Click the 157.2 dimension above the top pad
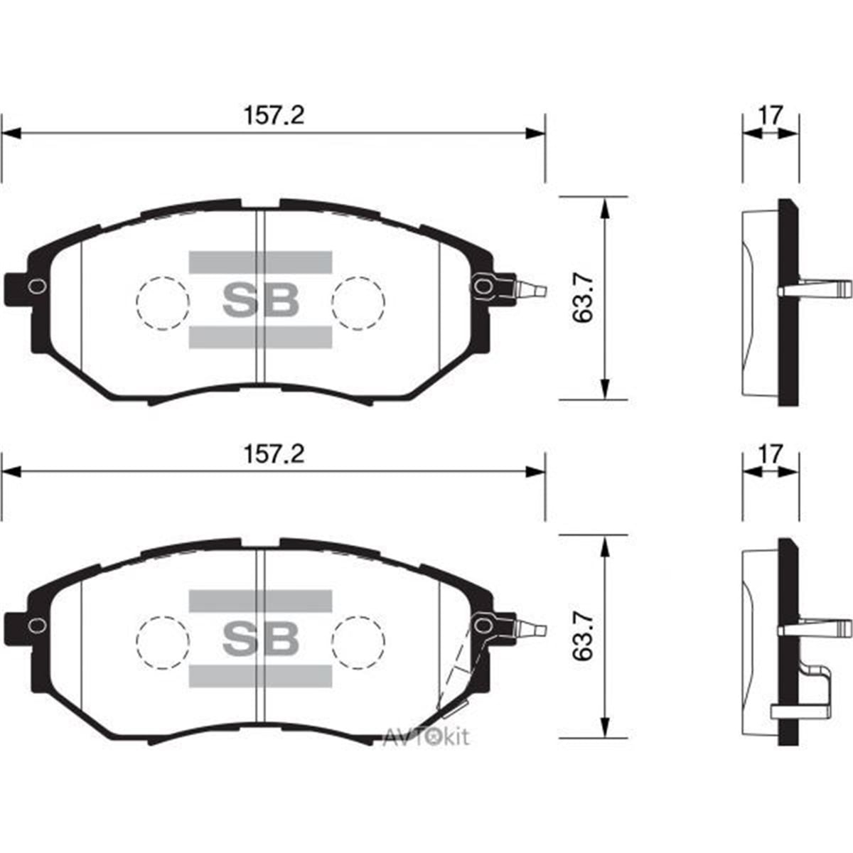tap(274, 116)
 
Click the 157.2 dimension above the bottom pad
tap(274, 454)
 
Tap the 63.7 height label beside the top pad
tap(583, 298)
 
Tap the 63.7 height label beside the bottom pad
tap(583, 637)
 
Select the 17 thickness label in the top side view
tap(770, 115)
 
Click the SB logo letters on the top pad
tap(261, 301)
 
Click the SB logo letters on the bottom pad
tap(261, 640)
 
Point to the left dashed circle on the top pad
tap(163, 302)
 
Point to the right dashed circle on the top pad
tap(359, 302)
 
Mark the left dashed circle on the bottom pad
tap(163, 640)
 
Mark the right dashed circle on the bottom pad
tap(359, 640)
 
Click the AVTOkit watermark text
tap(426, 737)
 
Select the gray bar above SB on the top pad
tap(260, 262)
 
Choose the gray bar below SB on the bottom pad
tap(260, 676)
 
